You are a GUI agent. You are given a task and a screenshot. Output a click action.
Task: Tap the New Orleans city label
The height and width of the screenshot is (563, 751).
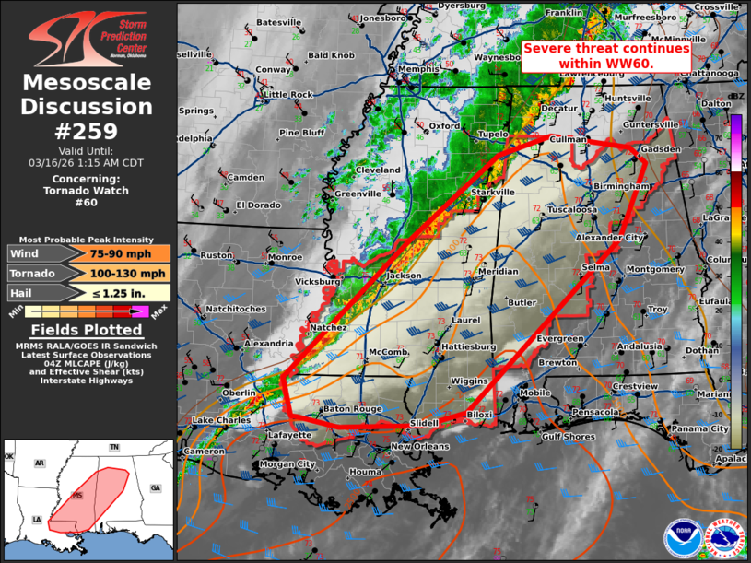419,447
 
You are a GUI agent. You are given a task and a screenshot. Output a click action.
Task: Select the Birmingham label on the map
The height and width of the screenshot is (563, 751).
622,186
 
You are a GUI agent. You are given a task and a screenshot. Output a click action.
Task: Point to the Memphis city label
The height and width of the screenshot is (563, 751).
418,69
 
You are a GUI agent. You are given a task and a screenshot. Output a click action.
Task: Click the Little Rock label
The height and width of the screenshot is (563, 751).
288,95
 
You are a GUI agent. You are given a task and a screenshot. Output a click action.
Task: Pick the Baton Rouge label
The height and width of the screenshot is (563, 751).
352,409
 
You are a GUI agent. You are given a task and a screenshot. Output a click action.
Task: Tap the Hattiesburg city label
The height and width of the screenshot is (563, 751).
469,346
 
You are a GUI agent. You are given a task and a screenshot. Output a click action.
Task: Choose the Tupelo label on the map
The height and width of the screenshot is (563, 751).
493,135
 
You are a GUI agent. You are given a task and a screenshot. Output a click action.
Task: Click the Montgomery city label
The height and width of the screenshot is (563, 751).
654,270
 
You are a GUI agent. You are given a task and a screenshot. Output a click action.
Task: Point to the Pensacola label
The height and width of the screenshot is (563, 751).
595,412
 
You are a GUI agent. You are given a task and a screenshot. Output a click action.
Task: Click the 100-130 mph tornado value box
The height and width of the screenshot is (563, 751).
128,274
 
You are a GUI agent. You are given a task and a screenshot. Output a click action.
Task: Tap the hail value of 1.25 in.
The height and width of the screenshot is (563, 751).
128,293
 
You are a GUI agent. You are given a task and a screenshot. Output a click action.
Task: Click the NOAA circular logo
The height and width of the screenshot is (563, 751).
681,537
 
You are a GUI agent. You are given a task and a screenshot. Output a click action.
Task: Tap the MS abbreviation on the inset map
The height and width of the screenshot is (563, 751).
78,497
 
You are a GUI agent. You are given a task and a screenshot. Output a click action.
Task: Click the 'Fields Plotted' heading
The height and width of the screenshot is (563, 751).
87,330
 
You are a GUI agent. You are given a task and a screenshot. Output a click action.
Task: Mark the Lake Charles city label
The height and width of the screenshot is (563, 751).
222,420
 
